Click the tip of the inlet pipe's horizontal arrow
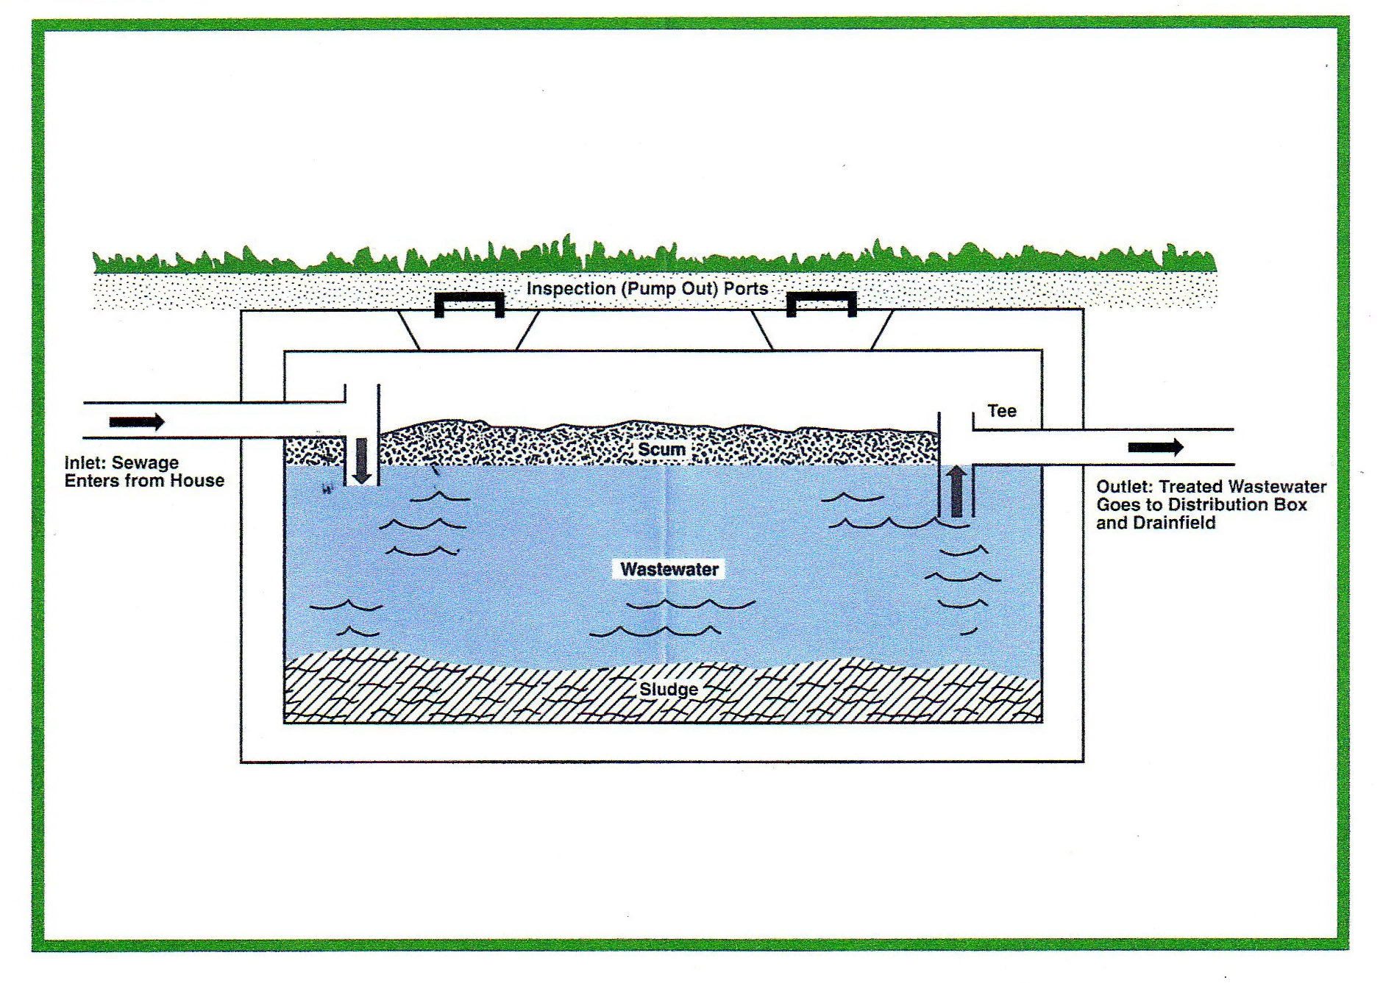(x=165, y=422)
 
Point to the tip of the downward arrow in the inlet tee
(x=361, y=484)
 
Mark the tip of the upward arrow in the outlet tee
(x=956, y=466)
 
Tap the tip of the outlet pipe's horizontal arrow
(x=1184, y=447)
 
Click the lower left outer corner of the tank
(x=241, y=762)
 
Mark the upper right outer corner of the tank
(x=1083, y=310)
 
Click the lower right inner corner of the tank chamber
(x=1042, y=723)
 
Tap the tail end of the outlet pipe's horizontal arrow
(x=1128, y=447)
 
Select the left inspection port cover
(x=469, y=297)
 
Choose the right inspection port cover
(x=822, y=296)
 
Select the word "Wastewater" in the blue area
(x=669, y=569)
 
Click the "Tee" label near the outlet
(x=1002, y=411)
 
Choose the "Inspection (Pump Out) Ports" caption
(x=647, y=288)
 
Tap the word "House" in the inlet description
(x=197, y=481)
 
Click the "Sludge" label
(x=669, y=690)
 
